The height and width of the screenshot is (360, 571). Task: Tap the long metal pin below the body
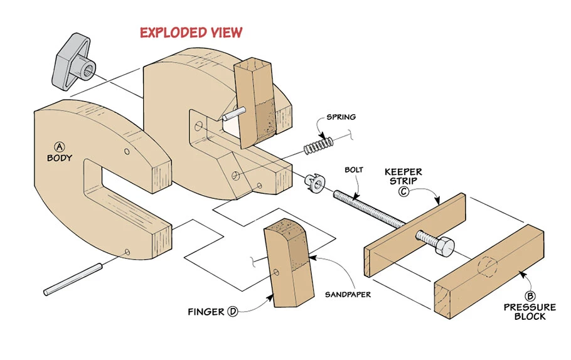pos(72,280)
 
